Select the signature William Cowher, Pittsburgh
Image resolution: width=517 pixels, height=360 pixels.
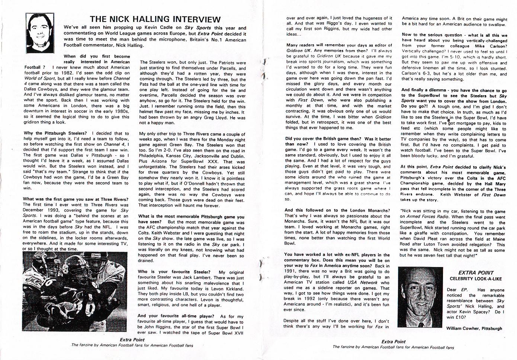(474, 328)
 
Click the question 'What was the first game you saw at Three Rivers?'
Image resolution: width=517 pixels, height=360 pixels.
(76, 199)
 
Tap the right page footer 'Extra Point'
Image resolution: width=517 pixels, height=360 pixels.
(393, 341)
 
